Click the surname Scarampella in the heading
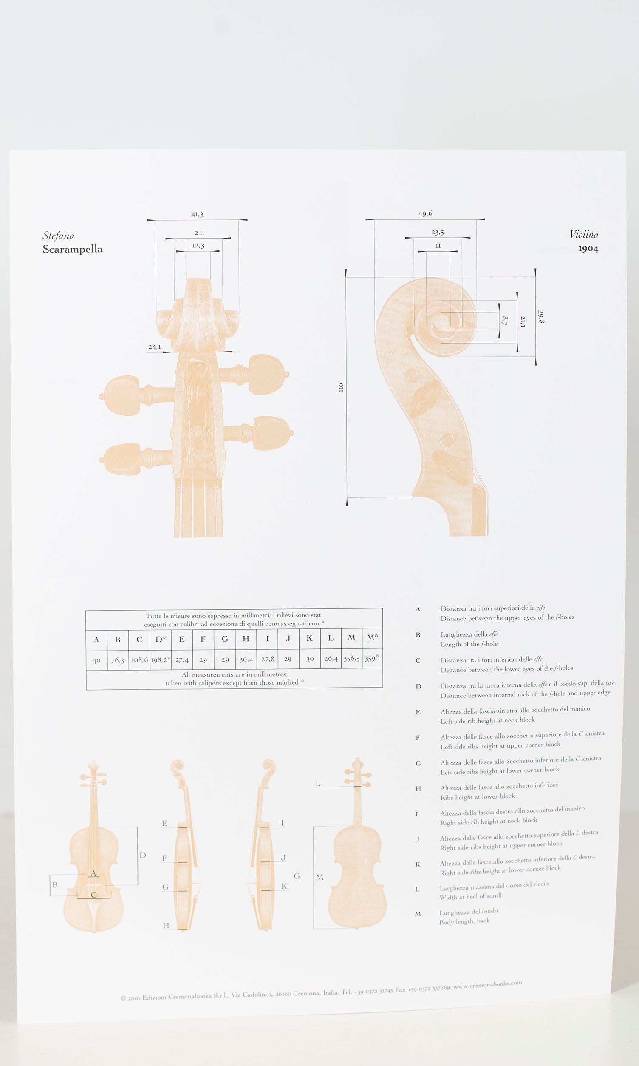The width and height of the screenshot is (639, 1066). coord(72,249)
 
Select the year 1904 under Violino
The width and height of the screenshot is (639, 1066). coord(588,248)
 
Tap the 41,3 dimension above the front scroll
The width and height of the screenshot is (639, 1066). coord(197,214)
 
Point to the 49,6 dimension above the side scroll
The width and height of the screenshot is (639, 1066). coord(425,213)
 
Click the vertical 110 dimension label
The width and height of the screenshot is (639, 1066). coord(341,387)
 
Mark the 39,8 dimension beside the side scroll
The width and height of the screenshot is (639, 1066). coord(541,317)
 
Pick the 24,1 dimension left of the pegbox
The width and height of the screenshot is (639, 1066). coord(155,347)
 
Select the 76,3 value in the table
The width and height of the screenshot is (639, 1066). coord(118,660)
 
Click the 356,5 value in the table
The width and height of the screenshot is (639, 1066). coord(351,658)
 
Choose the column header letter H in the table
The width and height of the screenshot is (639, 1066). coord(246,639)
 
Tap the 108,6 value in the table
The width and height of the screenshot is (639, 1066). coord(139,659)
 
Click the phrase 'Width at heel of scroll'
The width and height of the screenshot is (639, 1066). coord(471,896)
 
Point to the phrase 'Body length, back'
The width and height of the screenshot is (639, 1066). coord(464,921)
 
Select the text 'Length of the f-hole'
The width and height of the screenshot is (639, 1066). coord(469,644)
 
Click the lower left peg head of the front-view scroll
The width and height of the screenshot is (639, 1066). coord(122,459)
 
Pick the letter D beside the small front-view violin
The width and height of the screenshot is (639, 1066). coord(143,855)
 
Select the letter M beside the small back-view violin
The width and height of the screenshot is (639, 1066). coord(319,877)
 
